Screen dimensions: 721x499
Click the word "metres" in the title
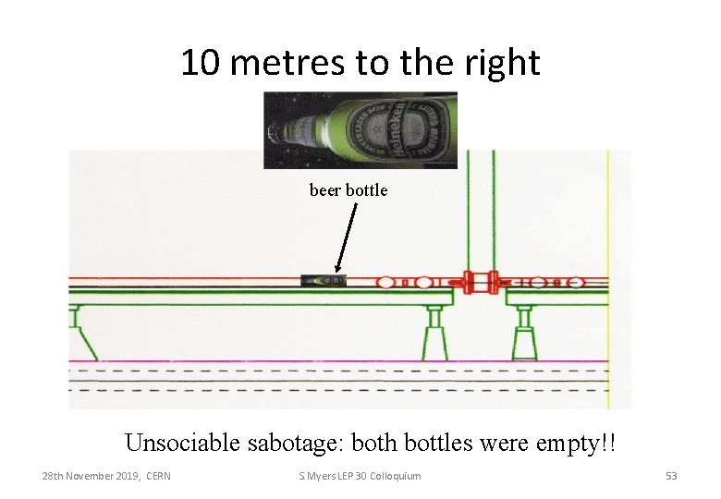(x=283, y=63)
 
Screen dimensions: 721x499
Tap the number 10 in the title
(x=200, y=63)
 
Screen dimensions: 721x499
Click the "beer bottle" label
(x=348, y=190)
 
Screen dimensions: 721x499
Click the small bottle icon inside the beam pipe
(x=324, y=280)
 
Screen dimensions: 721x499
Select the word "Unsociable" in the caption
(x=182, y=443)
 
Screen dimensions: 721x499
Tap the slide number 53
(x=671, y=476)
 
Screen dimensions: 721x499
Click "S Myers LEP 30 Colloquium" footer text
(x=360, y=476)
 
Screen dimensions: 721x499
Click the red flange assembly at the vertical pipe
(x=481, y=281)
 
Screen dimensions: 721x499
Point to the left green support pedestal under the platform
(x=434, y=332)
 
